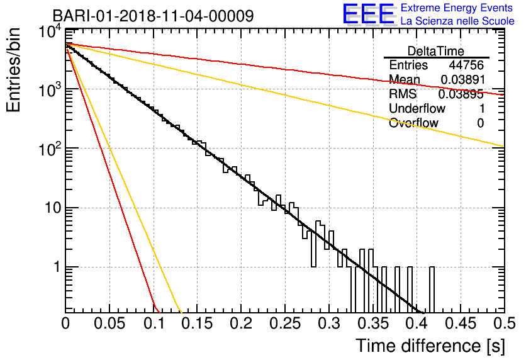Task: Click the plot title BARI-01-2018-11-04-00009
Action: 154,16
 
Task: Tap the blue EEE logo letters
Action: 368,14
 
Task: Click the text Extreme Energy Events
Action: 457,8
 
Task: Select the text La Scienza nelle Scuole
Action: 457,21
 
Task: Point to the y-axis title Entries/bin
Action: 13,70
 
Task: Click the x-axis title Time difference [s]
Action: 430,346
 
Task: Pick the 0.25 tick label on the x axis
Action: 285,323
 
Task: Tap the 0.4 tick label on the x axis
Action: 417,323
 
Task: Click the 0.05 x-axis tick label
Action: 109,323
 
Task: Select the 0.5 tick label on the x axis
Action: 504,323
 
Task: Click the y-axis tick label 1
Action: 57,267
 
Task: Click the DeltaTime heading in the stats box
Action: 436,51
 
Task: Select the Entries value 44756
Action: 466,65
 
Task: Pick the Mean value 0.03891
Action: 463,79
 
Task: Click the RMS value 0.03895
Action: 461,94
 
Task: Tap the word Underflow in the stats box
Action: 417,108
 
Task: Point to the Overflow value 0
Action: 480,123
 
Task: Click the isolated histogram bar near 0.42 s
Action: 432,290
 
